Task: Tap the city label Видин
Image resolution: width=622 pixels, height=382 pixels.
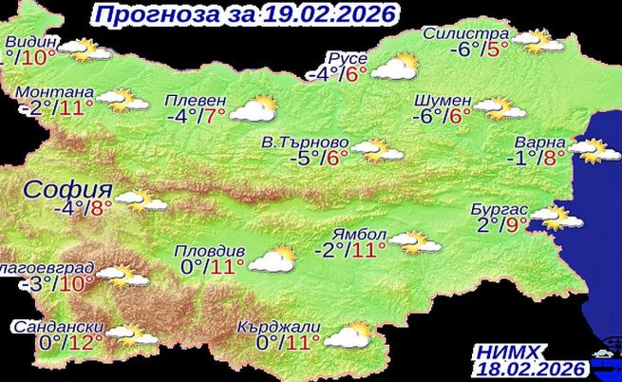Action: (x=31, y=43)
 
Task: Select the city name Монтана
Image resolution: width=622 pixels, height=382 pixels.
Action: (x=54, y=93)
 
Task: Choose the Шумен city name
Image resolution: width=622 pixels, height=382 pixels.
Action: (x=443, y=100)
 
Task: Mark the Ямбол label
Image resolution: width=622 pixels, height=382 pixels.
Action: (x=359, y=235)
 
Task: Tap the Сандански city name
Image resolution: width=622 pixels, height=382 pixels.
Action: (x=59, y=327)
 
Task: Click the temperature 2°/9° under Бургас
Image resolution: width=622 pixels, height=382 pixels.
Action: (x=502, y=226)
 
